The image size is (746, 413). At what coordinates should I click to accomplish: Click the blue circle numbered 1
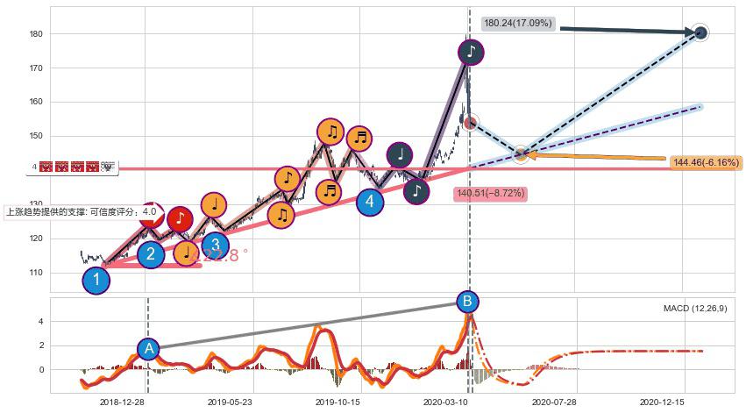click(x=96, y=281)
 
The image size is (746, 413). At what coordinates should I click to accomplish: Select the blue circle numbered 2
click(x=151, y=254)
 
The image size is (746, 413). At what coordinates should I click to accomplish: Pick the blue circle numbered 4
click(x=370, y=202)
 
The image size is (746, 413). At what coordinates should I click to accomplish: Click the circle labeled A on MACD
click(x=148, y=349)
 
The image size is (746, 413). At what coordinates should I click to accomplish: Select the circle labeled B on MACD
click(x=467, y=302)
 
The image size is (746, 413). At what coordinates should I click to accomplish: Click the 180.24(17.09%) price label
click(x=518, y=24)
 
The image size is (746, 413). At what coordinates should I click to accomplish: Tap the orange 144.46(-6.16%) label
click(x=705, y=162)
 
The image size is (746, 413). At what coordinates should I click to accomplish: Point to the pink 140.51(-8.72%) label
click(x=490, y=194)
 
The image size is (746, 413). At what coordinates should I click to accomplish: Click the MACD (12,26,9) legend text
click(x=694, y=309)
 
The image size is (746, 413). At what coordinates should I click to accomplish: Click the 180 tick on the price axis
click(x=37, y=33)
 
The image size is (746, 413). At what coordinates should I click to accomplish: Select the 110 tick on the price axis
click(x=37, y=273)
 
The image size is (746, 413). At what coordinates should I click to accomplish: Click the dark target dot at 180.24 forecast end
click(x=700, y=33)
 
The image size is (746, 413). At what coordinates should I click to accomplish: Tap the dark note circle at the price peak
click(x=471, y=52)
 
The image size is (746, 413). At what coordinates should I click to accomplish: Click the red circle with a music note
click(x=179, y=218)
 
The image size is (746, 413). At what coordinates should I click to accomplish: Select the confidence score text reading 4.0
click(x=149, y=211)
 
